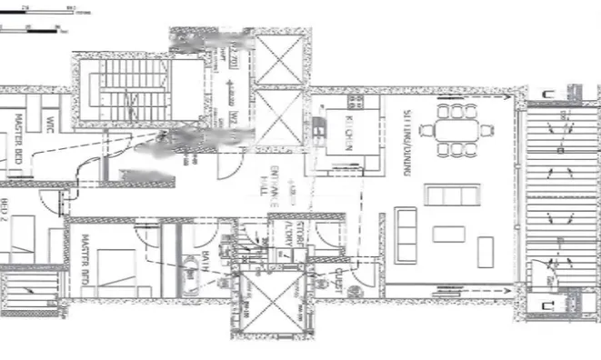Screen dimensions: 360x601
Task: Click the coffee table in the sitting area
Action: click(x=448, y=234)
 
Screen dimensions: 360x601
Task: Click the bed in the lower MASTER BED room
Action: click(x=115, y=272)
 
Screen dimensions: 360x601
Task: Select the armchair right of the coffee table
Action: click(x=485, y=245)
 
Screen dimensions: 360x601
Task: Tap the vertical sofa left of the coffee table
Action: click(x=406, y=234)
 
